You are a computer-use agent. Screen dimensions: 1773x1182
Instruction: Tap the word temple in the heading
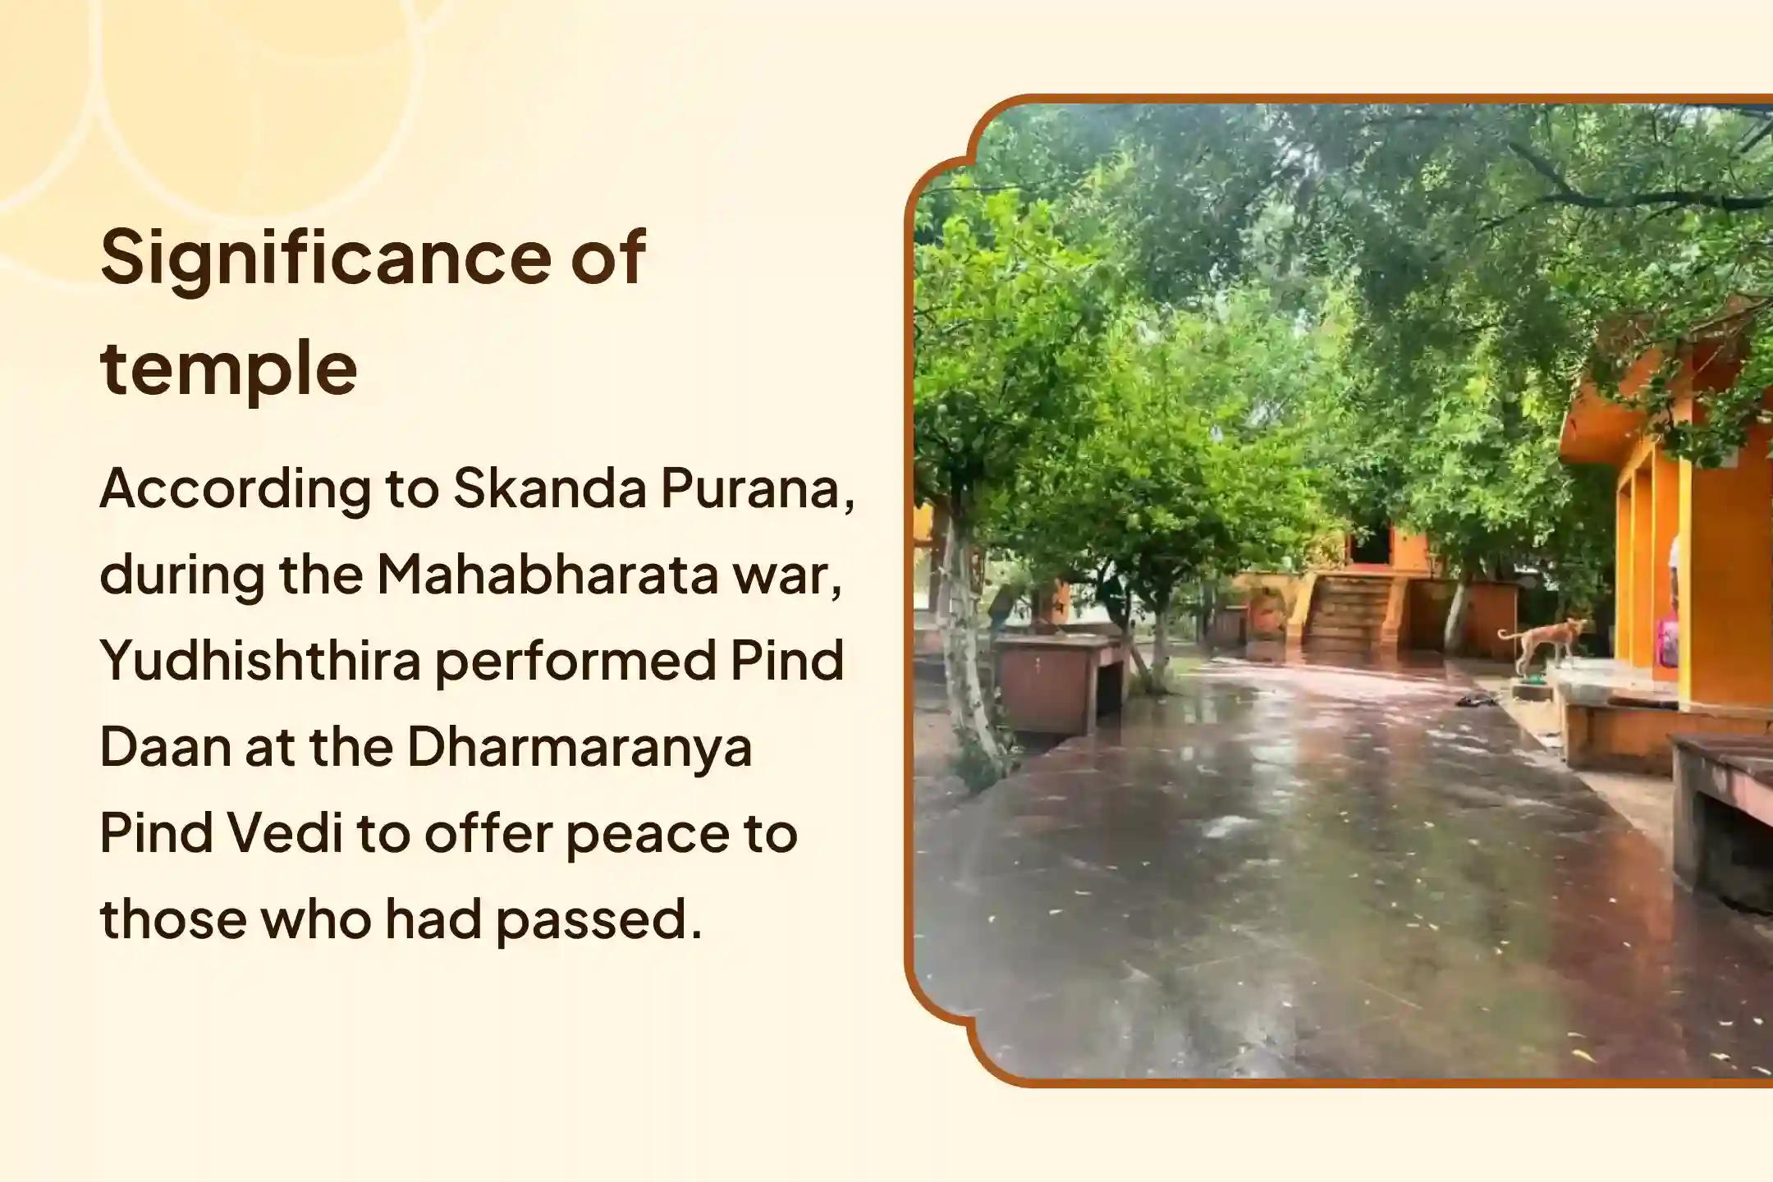pyautogui.click(x=229, y=369)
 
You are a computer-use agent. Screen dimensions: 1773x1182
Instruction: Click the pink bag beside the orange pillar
pyautogui.click(x=1668, y=642)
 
